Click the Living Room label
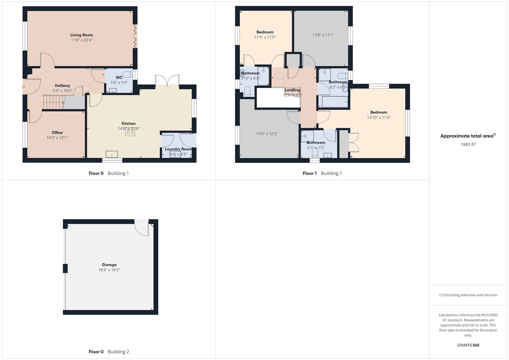pyautogui.click(x=81, y=35)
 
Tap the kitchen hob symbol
pyautogui.click(x=130, y=132)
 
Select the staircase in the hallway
pyautogui.click(x=53, y=102)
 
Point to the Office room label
pyautogui.click(x=57, y=133)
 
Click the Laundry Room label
pyautogui.click(x=178, y=149)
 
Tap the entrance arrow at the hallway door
pyautogui.click(x=23, y=87)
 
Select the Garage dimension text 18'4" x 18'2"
pyautogui.click(x=109, y=270)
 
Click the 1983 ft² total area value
pyautogui.click(x=468, y=145)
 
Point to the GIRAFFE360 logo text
pyautogui.click(x=468, y=345)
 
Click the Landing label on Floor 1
pyautogui.click(x=292, y=90)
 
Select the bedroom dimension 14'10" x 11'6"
pyautogui.click(x=379, y=117)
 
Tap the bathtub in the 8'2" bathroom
pyautogui.click(x=334, y=102)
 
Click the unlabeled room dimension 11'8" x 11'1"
pyautogui.click(x=323, y=35)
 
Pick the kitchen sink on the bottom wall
pyautogui.click(x=112, y=154)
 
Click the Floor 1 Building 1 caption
pyautogui.click(x=322, y=173)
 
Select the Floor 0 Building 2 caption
pyautogui.click(x=109, y=352)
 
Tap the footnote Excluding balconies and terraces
pyautogui.click(x=468, y=295)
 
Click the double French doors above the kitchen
pyautogui.click(x=167, y=81)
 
